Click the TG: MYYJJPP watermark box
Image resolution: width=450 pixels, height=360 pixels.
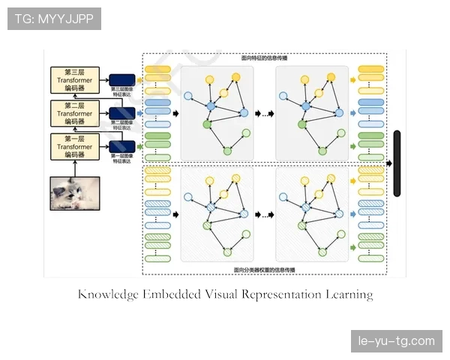(x=54, y=19)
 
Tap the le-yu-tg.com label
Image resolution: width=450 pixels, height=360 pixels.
(x=395, y=341)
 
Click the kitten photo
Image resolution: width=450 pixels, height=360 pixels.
(x=75, y=193)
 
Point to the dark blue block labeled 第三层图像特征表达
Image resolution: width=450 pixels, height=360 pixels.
(x=122, y=79)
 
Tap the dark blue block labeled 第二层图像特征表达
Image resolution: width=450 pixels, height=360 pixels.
(x=122, y=112)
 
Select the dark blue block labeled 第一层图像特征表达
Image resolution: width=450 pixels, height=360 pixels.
(x=122, y=146)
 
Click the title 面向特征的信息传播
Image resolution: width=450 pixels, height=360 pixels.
(x=264, y=57)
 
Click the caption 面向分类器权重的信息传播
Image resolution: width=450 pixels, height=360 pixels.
(x=264, y=269)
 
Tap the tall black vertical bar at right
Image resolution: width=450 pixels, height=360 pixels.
(x=397, y=163)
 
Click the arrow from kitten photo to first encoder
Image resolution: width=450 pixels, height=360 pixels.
(x=75, y=168)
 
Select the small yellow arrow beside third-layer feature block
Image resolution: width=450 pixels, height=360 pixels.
(x=140, y=79)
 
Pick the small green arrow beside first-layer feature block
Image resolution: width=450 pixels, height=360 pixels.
(x=140, y=145)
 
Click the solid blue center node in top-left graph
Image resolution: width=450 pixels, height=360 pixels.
(x=211, y=106)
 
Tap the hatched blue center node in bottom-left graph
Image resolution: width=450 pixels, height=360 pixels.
(x=211, y=207)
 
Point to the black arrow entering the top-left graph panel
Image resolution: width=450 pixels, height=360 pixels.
(x=175, y=112)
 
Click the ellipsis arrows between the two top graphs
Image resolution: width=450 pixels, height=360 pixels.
(x=265, y=113)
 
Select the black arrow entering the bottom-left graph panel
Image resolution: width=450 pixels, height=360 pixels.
(x=175, y=214)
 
